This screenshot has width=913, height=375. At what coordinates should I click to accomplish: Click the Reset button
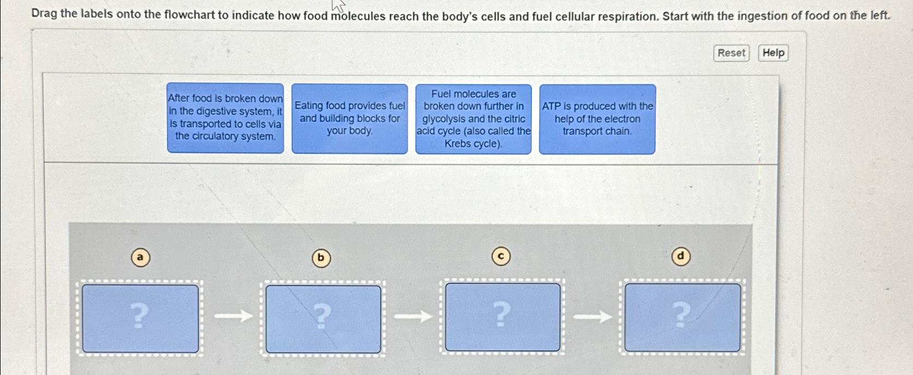coord(731,53)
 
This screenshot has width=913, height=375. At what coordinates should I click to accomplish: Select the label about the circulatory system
coord(226,118)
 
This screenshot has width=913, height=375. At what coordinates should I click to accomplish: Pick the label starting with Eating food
coord(350,118)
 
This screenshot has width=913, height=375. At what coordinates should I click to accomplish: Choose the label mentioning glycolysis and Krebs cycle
coord(473,119)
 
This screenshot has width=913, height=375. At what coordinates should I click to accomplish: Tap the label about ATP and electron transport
coord(597,119)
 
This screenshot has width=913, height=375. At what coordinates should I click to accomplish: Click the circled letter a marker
coord(141,257)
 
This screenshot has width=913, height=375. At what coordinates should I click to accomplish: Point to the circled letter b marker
coord(321,258)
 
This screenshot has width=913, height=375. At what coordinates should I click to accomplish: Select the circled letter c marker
coord(501,256)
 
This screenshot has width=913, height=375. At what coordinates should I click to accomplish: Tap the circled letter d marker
coord(680,256)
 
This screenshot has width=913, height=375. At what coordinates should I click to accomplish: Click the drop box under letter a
coord(140,318)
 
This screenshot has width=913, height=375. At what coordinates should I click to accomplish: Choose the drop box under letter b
coord(323,319)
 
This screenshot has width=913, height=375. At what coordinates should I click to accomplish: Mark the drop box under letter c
coord(503,317)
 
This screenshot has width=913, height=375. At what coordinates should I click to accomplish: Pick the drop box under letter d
coord(682,317)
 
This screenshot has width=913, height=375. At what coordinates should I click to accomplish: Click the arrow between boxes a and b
coord(233,316)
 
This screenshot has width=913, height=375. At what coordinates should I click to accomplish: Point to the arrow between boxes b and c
coord(413,316)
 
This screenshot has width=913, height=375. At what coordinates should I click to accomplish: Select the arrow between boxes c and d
coord(592,316)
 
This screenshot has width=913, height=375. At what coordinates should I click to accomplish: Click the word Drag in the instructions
coord(44,14)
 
